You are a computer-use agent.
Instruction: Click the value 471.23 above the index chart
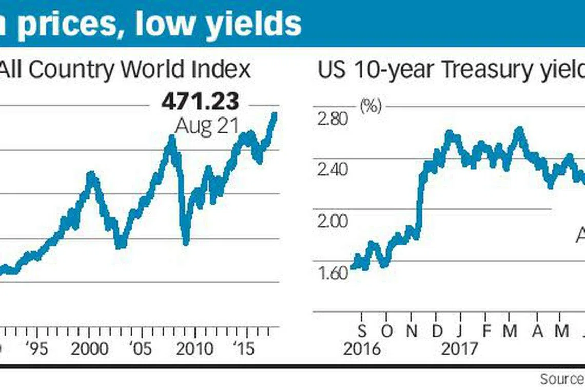[x=200, y=102]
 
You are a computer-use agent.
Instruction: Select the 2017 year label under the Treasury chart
[x=460, y=349]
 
